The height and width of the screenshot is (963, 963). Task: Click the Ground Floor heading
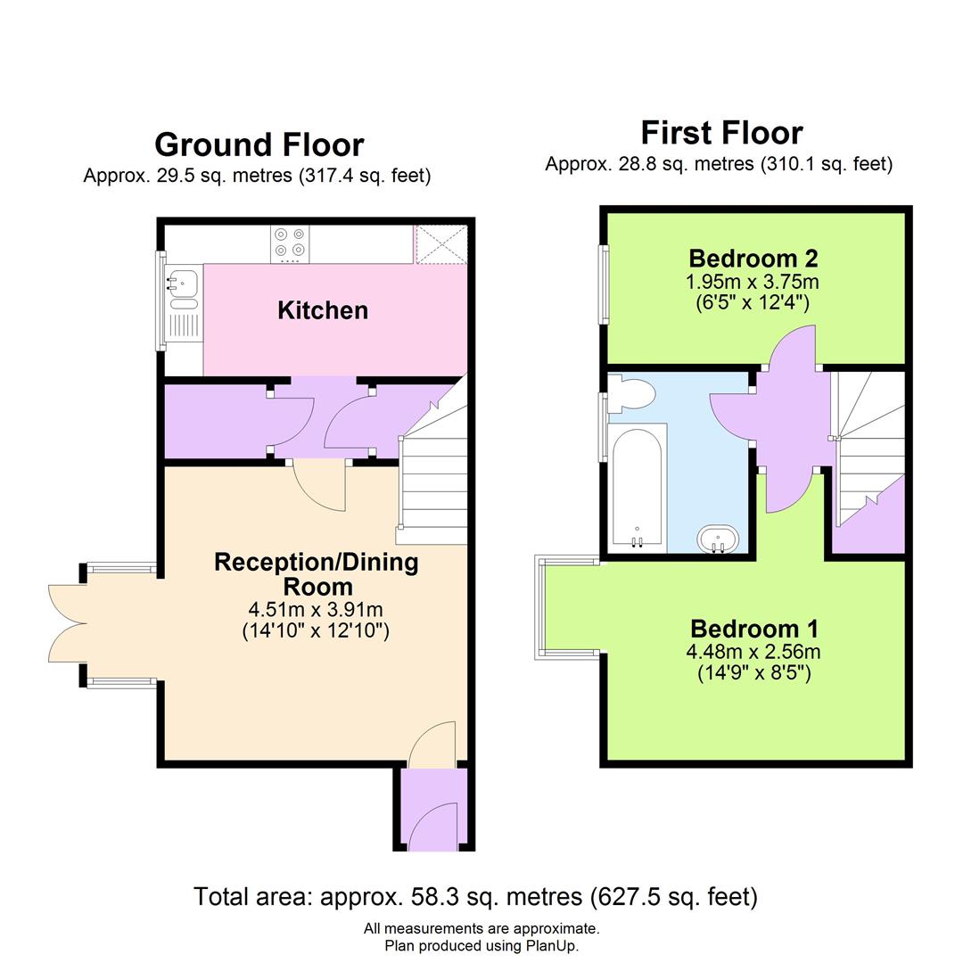pyautogui.click(x=259, y=144)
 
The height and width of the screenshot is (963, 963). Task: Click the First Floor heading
pyautogui.click(x=721, y=133)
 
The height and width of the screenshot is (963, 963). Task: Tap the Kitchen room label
pyautogui.click(x=322, y=310)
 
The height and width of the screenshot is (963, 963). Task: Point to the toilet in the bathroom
pyautogui.click(x=632, y=391)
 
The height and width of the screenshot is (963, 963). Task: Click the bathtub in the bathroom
pyautogui.click(x=638, y=486)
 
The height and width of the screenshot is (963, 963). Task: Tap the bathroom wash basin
pyautogui.click(x=718, y=539)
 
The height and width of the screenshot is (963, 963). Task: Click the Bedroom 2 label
pyautogui.click(x=753, y=259)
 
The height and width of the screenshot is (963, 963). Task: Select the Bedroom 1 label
pyautogui.click(x=753, y=628)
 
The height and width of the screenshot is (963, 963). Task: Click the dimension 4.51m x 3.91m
pyautogui.click(x=316, y=610)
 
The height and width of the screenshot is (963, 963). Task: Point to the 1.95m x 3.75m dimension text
pyautogui.click(x=753, y=282)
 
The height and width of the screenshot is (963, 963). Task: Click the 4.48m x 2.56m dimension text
pyautogui.click(x=753, y=651)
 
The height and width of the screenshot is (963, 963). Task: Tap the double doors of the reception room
pyautogui.click(x=68, y=623)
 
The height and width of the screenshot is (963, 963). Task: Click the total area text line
pyautogui.click(x=475, y=896)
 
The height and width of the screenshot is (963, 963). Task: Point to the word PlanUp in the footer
pyautogui.click(x=553, y=945)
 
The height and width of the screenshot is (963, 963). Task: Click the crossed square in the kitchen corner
pyautogui.click(x=441, y=244)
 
